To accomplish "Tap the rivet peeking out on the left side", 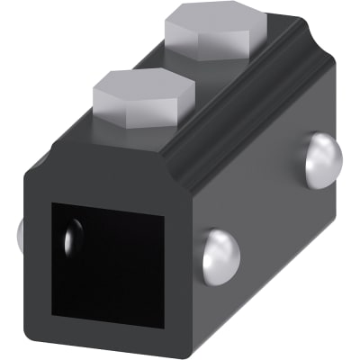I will tap(21, 236).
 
